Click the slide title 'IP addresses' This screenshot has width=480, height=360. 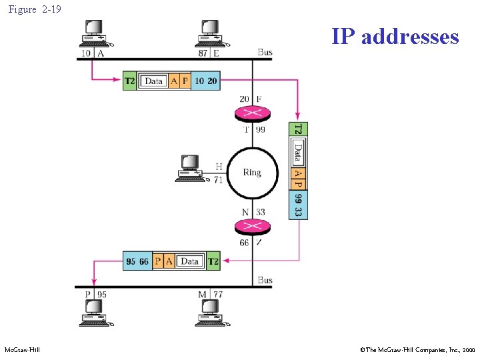coord(395,36)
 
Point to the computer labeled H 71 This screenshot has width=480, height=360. coord(190,168)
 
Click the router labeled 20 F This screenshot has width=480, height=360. coord(251,113)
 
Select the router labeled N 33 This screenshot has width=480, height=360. coord(251,226)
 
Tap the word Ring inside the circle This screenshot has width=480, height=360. coord(252,173)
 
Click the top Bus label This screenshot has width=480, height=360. coord(265,52)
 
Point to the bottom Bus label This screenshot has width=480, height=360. coord(265,281)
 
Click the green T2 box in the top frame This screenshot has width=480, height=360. coord(130,81)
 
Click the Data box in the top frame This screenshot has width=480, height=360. coord(153,81)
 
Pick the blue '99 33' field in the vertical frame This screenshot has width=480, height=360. coord(299,205)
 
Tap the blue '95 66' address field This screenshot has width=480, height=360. coord(138,261)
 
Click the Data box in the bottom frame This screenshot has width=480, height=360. coord(190,261)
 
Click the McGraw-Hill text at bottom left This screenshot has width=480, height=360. coord(22,349)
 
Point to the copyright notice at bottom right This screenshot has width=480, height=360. coord(416,349)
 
